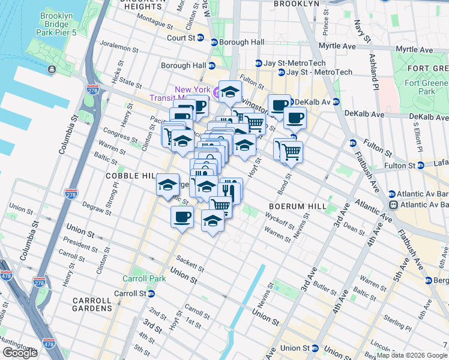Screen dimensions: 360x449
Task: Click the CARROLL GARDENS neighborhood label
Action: (x=92, y=300)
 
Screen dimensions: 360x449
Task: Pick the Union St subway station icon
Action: (x=315, y=348)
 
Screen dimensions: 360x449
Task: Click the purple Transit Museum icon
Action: (x=215, y=92)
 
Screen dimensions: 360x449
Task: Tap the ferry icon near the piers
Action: (x=52, y=70)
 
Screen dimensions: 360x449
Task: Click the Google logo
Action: (x=20, y=353)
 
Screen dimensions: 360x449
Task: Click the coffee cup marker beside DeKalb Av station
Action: (x=279, y=105)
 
